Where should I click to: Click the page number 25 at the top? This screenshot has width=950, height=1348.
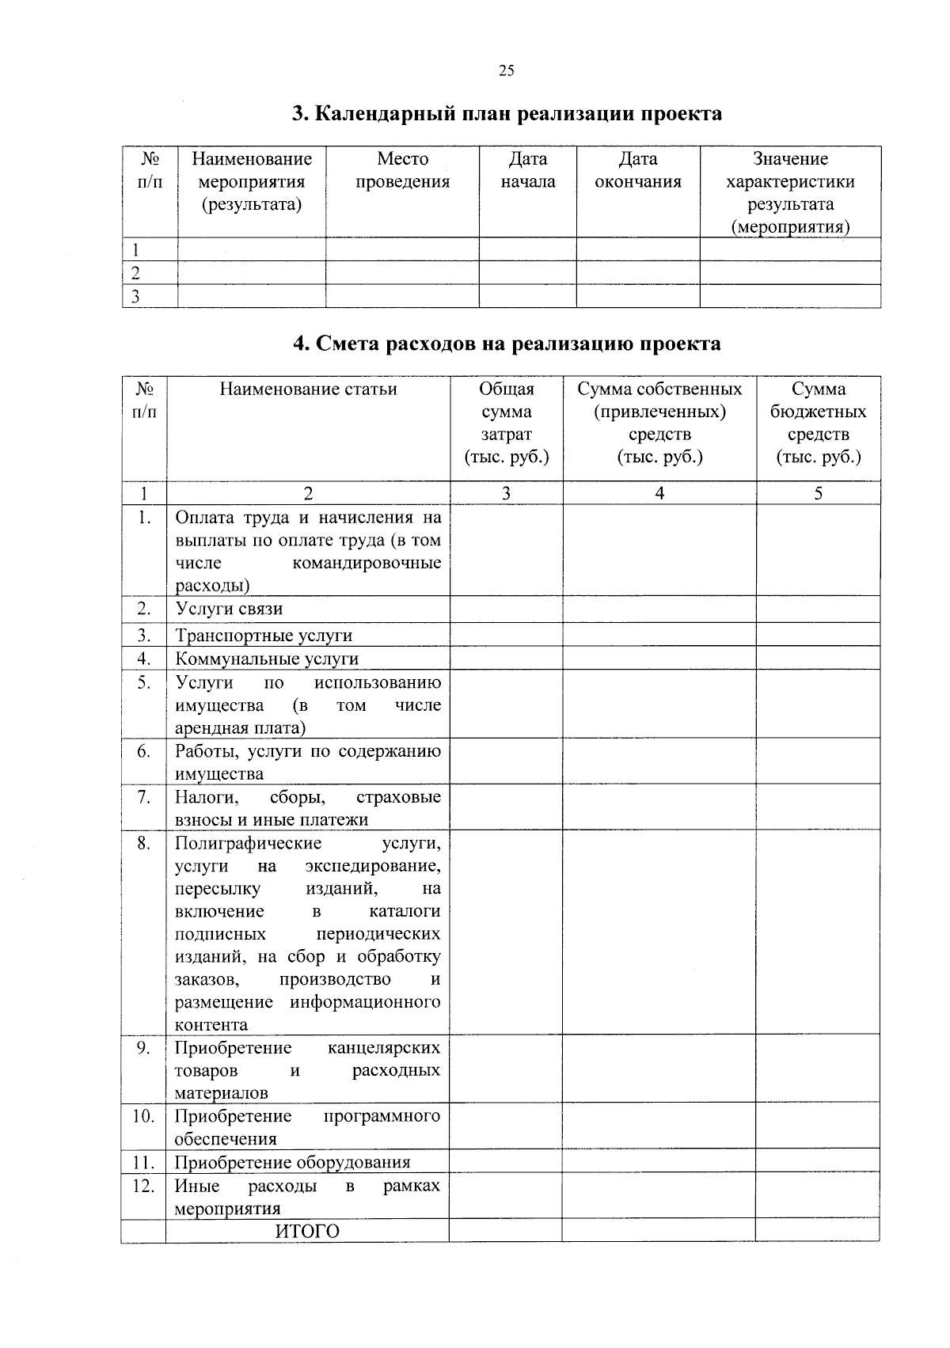tap(507, 71)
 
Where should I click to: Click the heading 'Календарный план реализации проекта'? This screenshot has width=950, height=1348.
tap(507, 114)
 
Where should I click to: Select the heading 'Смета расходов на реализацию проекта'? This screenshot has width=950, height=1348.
tap(507, 344)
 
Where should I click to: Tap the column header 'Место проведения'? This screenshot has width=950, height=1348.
tap(402, 170)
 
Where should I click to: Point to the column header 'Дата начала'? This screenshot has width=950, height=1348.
tap(527, 170)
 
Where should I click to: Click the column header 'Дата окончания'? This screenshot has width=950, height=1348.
tap(637, 170)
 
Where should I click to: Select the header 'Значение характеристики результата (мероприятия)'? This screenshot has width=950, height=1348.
tap(790, 193)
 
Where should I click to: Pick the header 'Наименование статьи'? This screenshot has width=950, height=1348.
tap(308, 389)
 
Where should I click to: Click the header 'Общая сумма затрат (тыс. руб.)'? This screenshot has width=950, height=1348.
tap(506, 423)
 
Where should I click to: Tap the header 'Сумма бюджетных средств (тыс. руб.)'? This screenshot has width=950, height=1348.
tap(818, 423)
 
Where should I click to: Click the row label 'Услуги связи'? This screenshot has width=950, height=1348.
tap(229, 609)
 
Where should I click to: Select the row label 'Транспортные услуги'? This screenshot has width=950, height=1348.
tap(264, 636)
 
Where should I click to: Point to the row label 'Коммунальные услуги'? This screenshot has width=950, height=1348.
tap(267, 659)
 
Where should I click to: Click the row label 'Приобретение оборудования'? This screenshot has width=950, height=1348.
tap(292, 1162)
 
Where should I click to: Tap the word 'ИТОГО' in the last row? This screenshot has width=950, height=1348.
tap(307, 1232)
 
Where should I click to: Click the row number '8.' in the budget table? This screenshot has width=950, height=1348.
tap(143, 843)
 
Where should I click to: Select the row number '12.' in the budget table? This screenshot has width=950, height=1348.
tap(143, 1186)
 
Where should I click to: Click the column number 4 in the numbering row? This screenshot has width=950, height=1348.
tap(659, 493)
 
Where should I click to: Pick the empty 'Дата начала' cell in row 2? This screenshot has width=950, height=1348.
tap(527, 273)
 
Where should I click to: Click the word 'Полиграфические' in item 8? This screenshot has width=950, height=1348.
tap(248, 843)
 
